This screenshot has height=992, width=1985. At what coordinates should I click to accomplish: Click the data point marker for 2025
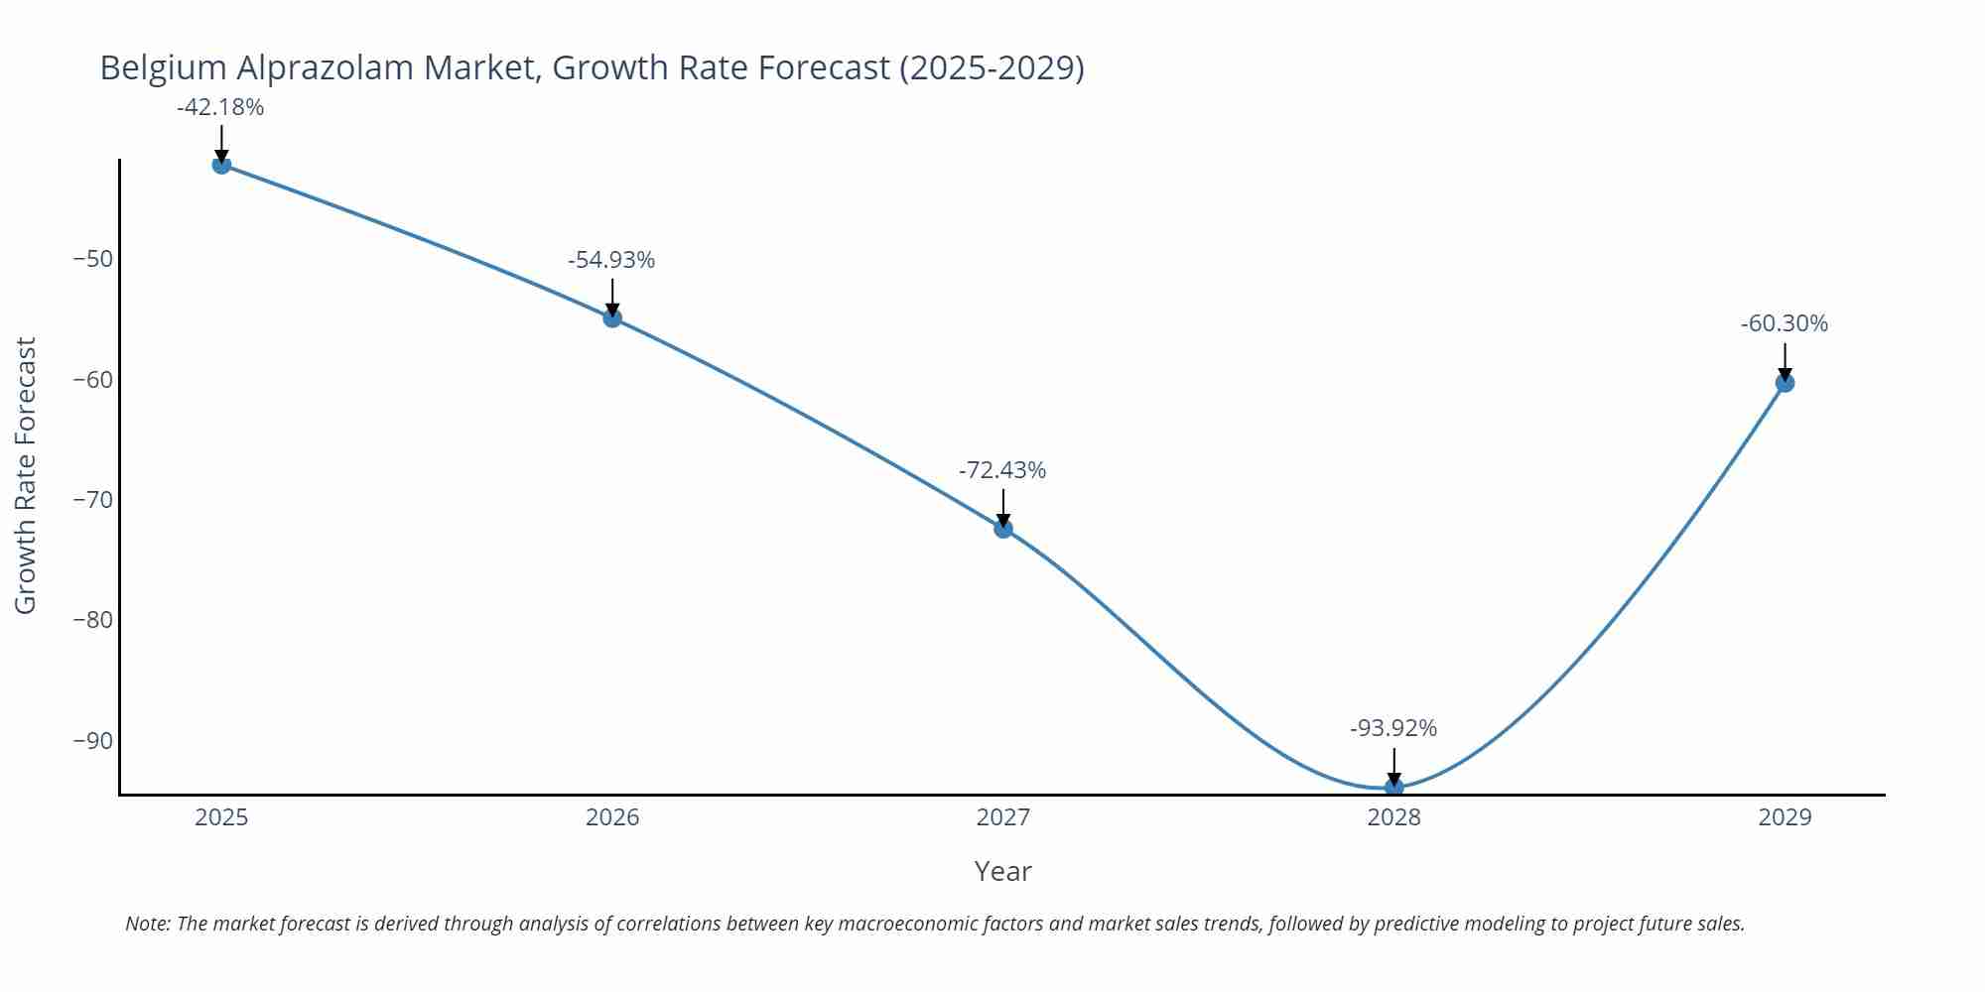click(221, 165)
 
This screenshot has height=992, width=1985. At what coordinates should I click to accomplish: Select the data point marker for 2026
click(612, 318)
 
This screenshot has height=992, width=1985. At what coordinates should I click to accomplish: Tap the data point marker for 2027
click(1003, 529)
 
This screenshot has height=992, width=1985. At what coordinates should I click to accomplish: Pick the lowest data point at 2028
click(1393, 787)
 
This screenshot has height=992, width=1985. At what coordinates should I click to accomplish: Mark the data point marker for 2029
click(1785, 383)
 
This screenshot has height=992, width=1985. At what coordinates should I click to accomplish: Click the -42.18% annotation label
click(220, 107)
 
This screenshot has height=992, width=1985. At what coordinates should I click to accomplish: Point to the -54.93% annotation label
click(611, 260)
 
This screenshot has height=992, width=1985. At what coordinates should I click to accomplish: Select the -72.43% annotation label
click(1002, 470)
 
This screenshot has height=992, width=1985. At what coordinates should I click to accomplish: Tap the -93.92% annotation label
click(1393, 728)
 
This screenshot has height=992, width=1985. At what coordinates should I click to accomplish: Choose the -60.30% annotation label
click(1785, 323)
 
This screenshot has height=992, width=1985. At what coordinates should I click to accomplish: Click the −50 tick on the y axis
click(93, 259)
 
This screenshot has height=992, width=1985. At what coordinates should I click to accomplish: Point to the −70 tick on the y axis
click(93, 499)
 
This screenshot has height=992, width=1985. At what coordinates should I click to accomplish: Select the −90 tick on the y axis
click(93, 741)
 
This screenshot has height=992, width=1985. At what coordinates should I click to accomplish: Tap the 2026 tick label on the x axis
click(612, 817)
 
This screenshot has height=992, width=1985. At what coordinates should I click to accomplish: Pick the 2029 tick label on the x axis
click(1785, 817)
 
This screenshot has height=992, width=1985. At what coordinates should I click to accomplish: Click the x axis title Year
click(1002, 871)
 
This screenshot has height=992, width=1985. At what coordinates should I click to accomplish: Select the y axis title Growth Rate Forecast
click(26, 475)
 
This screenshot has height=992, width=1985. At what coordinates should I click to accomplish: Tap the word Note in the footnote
click(146, 924)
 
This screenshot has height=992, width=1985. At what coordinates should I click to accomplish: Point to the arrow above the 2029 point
click(1785, 361)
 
